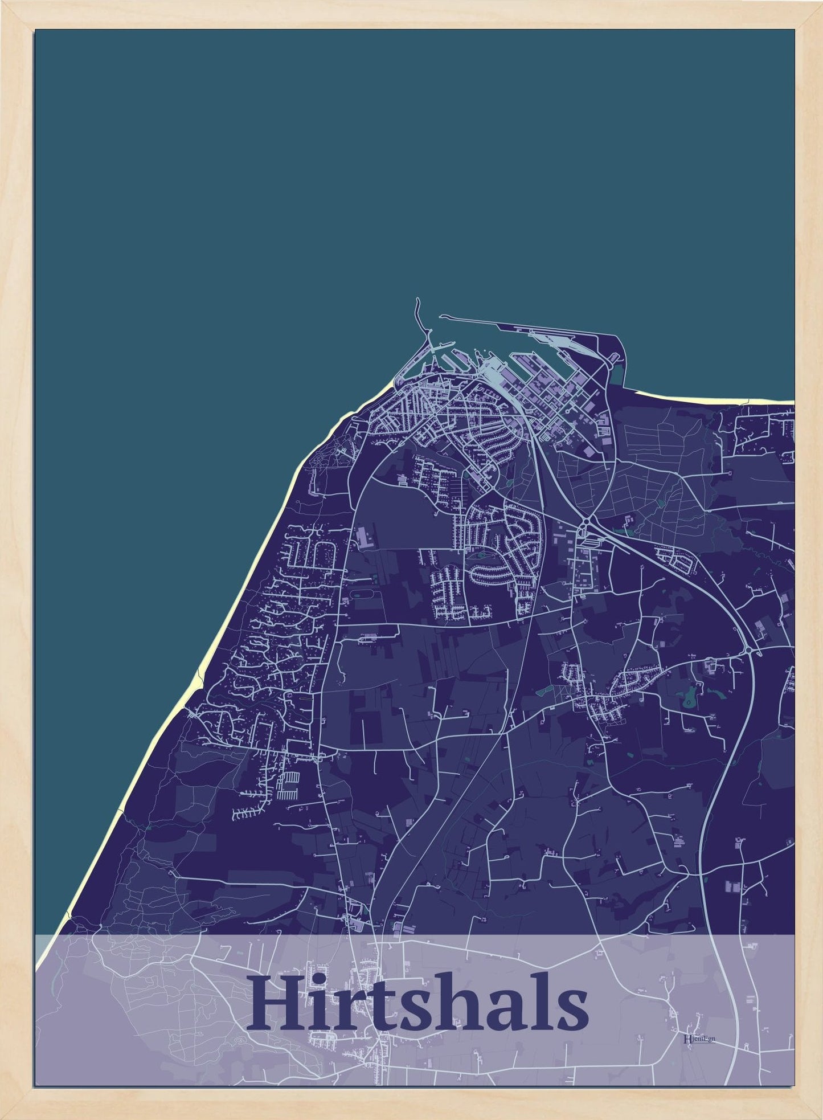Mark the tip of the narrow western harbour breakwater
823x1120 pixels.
(417, 299)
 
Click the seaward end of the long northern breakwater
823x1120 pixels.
(440, 316)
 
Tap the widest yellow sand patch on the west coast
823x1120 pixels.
(199, 678)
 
